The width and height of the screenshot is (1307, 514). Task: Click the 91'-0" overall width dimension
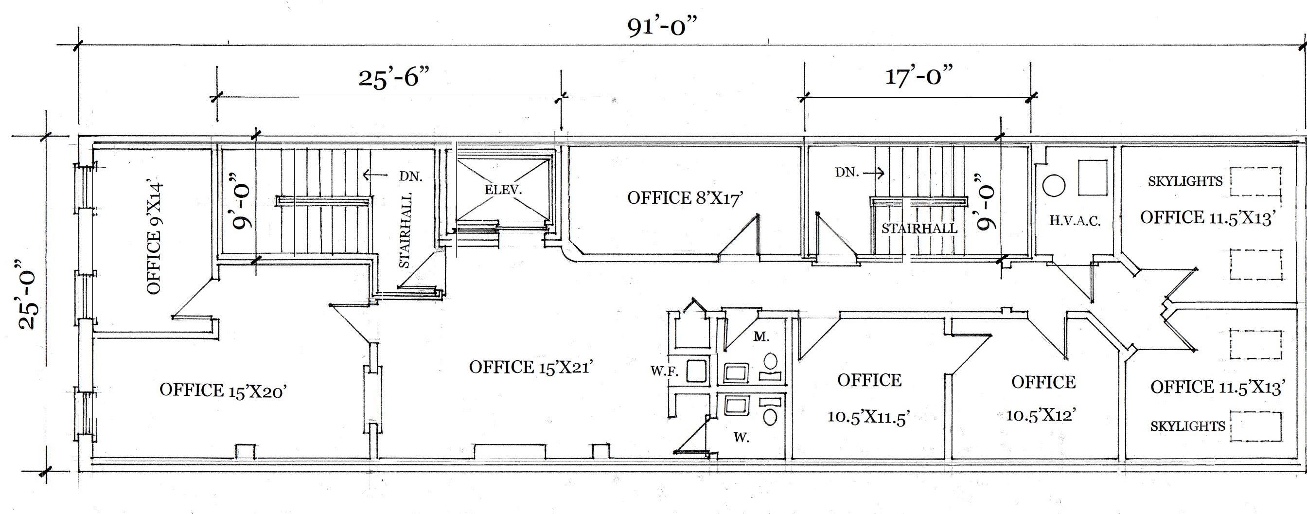[x=660, y=26]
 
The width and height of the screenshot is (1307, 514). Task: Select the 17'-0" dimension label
[x=919, y=76]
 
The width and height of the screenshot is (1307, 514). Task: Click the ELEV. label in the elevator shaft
[x=503, y=190]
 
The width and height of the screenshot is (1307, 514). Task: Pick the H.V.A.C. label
[x=1075, y=221]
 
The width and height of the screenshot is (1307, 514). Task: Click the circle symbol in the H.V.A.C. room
[x=1054, y=186]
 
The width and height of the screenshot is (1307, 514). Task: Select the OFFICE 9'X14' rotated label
[x=154, y=235]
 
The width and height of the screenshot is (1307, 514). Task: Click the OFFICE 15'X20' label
[x=224, y=390]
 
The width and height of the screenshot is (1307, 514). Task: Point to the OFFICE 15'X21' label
[x=530, y=367]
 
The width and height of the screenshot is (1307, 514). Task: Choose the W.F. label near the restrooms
[x=665, y=372]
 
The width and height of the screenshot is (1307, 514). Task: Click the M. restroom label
[x=761, y=337]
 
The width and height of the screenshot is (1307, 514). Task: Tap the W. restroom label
[x=742, y=437]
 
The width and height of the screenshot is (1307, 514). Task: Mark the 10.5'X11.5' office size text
[x=868, y=417]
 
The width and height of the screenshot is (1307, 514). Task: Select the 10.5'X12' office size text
[x=1042, y=415]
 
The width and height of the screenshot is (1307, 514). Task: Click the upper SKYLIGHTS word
[x=1185, y=181]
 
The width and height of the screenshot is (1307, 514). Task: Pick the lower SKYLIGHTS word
[x=1187, y=426]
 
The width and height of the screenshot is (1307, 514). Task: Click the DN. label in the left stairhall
[x=410, y=176]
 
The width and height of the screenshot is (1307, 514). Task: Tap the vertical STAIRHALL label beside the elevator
[x=405, y=230]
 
